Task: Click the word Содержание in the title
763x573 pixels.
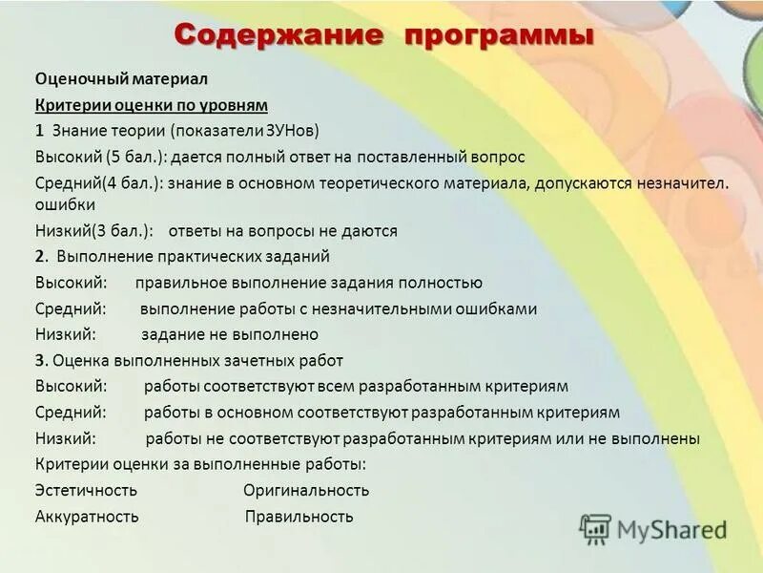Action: pos(278,37)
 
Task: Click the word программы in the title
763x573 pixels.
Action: pos(500,37)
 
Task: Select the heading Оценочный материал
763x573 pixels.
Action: pos(121,78)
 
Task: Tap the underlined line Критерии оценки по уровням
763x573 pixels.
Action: pos(152,104)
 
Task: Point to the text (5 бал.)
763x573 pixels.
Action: pos(124,156)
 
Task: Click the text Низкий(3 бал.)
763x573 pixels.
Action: pos(93,231)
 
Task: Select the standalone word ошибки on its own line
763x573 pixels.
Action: pos(65,205)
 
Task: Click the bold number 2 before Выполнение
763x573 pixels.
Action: pos(40,257)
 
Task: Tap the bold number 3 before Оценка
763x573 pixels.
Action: pos(40,361)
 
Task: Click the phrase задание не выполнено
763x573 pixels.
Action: pos(230,335)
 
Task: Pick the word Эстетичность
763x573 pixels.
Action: pos(86,491)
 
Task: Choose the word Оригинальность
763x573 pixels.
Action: pos(305,491)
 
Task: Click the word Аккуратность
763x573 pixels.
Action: pos(87,517)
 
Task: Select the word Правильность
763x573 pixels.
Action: pos(299,517)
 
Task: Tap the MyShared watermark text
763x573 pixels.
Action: pos(671,530)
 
